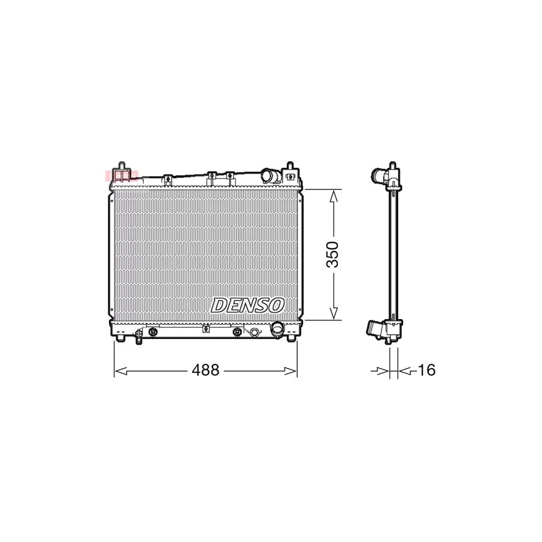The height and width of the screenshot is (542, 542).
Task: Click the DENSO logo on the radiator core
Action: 248,305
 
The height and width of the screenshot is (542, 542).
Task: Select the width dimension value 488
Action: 205,370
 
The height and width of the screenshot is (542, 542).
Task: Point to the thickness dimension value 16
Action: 426,370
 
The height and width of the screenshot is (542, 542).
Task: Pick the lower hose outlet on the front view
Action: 278,329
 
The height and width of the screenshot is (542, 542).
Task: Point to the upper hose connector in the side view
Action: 379,177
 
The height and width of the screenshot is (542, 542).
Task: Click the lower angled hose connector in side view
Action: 375,330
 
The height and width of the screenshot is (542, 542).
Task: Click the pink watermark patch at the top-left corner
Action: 121,176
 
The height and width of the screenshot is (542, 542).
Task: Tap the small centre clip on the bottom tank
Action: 205,329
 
